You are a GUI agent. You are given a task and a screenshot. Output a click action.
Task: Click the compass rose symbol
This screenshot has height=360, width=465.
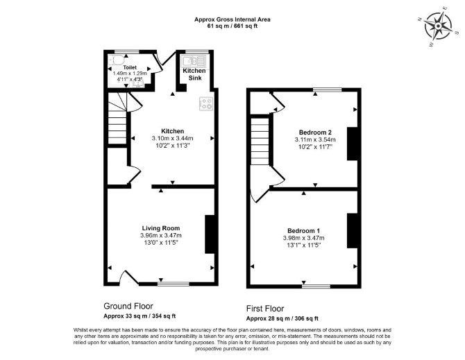(x=438, y=26)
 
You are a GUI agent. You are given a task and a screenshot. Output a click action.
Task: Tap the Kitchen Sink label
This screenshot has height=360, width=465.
(x=194, y=74)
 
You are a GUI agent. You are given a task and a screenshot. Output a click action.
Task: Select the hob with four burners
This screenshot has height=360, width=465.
(x=206, y=104)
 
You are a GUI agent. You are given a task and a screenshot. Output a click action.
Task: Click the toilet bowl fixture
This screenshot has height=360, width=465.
(x=116, y=60)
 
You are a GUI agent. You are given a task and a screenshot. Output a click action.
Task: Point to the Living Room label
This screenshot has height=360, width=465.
(x=161, y=228)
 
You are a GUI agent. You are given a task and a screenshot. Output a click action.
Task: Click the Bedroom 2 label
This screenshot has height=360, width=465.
(x=315, y=132)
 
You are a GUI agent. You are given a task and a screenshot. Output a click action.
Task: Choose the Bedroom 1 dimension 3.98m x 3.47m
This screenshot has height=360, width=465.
(x=304, y=238)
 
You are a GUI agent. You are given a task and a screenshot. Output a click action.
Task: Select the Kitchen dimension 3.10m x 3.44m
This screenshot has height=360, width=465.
(x=172, y=138)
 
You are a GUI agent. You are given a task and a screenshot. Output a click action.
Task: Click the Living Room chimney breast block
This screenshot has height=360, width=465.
(x=210, y=234)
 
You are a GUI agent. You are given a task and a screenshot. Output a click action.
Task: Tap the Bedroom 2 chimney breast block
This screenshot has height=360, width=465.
(x=352, y=144)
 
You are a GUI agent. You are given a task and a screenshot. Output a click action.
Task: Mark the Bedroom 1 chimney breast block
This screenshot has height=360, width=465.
(x=352, y=230)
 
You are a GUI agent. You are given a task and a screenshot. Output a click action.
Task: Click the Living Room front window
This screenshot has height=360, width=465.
(x=174, y=284)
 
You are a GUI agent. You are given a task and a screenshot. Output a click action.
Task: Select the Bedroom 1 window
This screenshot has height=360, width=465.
(x=316, y=286)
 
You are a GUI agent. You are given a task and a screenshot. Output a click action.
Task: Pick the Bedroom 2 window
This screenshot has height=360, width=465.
(x=328, y=89)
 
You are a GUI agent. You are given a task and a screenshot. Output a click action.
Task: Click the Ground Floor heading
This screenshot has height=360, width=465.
(x=128, y=306)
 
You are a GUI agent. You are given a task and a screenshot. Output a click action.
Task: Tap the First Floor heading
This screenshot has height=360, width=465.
(x=265, y=309)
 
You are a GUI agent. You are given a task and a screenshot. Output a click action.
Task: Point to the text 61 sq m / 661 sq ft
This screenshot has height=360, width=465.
(x=232, y=26)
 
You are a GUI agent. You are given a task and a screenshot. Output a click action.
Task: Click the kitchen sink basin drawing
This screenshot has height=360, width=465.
(x=194, y=61)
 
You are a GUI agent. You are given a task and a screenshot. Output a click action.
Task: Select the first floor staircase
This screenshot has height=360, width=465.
(x=260, y=142)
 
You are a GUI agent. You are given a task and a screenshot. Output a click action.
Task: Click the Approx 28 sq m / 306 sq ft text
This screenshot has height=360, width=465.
(x=282, y=319)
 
